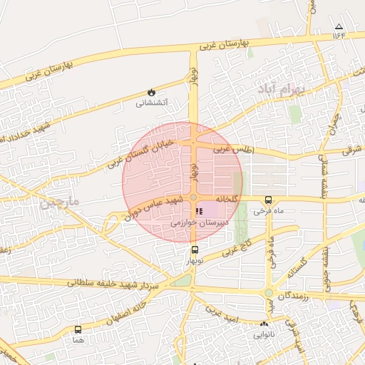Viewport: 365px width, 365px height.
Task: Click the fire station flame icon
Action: pos(151,92)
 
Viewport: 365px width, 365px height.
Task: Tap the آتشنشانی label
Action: pos(151,103)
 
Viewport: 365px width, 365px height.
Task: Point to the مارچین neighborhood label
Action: pos(59,203)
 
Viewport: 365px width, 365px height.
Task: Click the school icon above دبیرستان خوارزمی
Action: pos(199,212)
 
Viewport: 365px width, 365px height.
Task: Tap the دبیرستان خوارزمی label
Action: pos(199,223)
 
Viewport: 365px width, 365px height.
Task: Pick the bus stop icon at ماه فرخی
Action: pos(268,200)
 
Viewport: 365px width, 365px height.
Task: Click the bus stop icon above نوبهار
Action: pos(195,250)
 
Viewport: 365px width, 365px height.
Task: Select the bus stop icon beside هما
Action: pos(78,329)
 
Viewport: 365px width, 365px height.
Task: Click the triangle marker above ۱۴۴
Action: pos(339,27)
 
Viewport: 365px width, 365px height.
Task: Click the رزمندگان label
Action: pos(294,294)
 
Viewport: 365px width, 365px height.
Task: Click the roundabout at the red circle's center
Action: pos(193,197)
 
